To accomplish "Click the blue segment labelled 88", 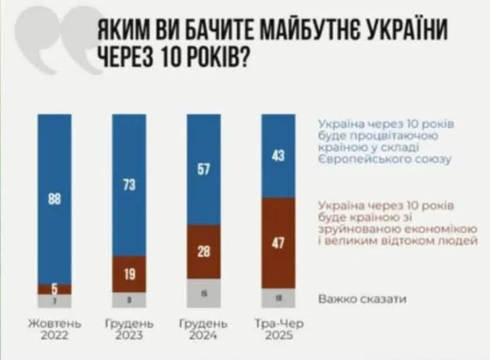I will tap(54, 199).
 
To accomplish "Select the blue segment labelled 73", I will tap(130, 185).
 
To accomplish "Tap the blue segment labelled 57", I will tap(204, 169).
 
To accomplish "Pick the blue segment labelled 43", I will tap(279, 156).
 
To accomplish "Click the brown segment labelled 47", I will tap(279, 243).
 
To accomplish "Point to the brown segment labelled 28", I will tap(204, 252).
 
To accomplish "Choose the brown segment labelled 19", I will tap(130, 274).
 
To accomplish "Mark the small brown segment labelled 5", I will tap(54, 289).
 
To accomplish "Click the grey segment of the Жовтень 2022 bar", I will tap(54, 301).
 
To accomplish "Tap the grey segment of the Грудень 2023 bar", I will tap(130, 300).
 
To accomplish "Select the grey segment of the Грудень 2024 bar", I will tap(204, 294).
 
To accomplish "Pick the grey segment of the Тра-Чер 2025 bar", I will tap(279, 298).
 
